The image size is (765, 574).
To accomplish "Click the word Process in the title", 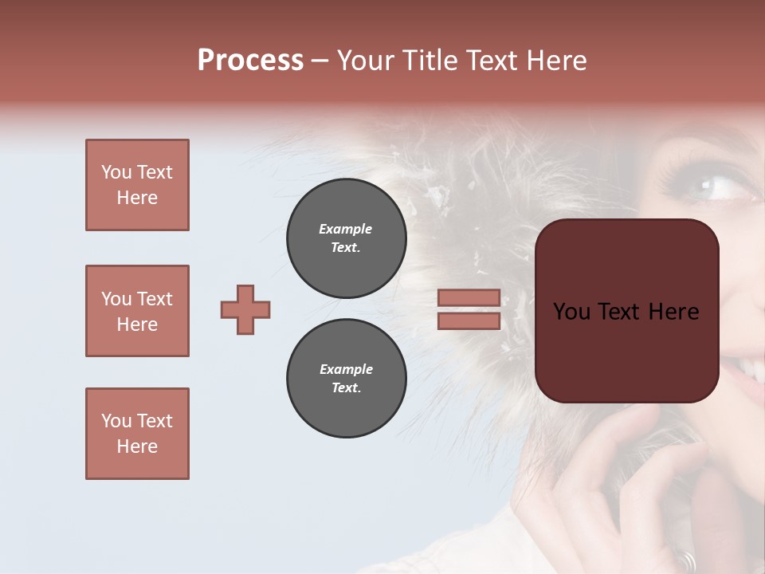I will [x=250, y=61].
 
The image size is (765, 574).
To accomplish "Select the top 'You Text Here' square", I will [x=137, y=185].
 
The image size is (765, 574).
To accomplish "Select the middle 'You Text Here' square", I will [x=137, y=311].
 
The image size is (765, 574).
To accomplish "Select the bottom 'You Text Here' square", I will [x=137, y=434].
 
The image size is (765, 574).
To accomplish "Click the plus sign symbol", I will [x=245, y=309].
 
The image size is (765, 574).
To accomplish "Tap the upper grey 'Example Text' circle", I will [x=346, y=238].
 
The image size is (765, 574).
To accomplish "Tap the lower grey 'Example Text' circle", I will [x=346, y=379].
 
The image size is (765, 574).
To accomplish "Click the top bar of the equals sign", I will [x=469, y=298].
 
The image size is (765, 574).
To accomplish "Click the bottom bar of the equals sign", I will [x=469, y=321].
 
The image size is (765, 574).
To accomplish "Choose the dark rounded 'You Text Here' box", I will [x=626, y=311].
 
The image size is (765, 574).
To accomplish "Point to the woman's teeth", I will [x=751, y=367].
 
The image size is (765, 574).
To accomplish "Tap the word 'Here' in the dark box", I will [x=673, y=312].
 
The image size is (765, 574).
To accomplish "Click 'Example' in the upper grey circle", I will [x=346, y=230].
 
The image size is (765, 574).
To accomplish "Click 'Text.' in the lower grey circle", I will [x=346, y=388].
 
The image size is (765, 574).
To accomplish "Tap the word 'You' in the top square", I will [x=116, y=172].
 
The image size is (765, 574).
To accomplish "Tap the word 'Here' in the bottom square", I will [x=137, y=447].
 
